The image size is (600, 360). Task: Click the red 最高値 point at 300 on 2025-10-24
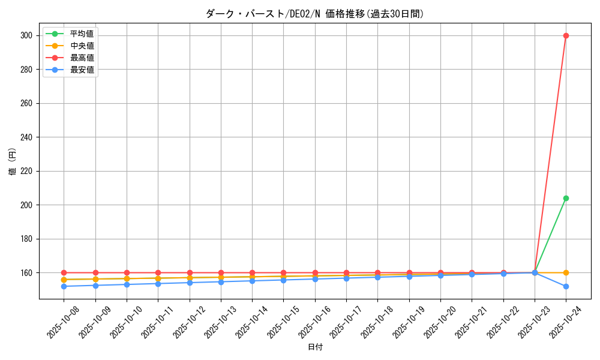pos(566,35)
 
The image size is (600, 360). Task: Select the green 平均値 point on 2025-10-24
pos(566,198)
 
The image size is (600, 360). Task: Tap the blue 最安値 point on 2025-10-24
pos(566,286)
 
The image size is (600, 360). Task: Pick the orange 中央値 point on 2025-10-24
pos(566,272)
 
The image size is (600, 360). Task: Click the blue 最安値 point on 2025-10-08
pos(64,286)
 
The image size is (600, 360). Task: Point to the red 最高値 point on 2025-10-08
pos(64,272)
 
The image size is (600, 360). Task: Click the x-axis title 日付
pos(315,347)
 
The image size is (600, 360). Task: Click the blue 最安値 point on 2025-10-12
pos(190,283)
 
